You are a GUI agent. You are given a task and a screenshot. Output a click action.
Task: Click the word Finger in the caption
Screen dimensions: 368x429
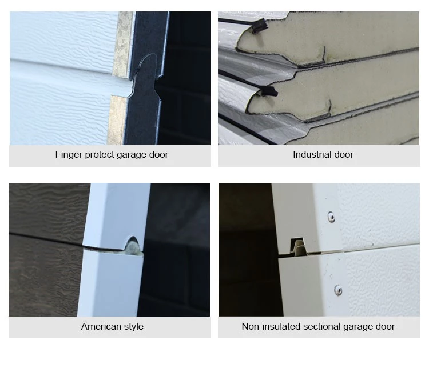click(68, 154)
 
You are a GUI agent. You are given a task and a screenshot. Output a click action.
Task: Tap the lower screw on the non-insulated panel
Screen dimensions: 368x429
click(338, 290)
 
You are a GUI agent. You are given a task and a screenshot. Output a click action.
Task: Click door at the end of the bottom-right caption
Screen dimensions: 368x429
click(386, 327)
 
